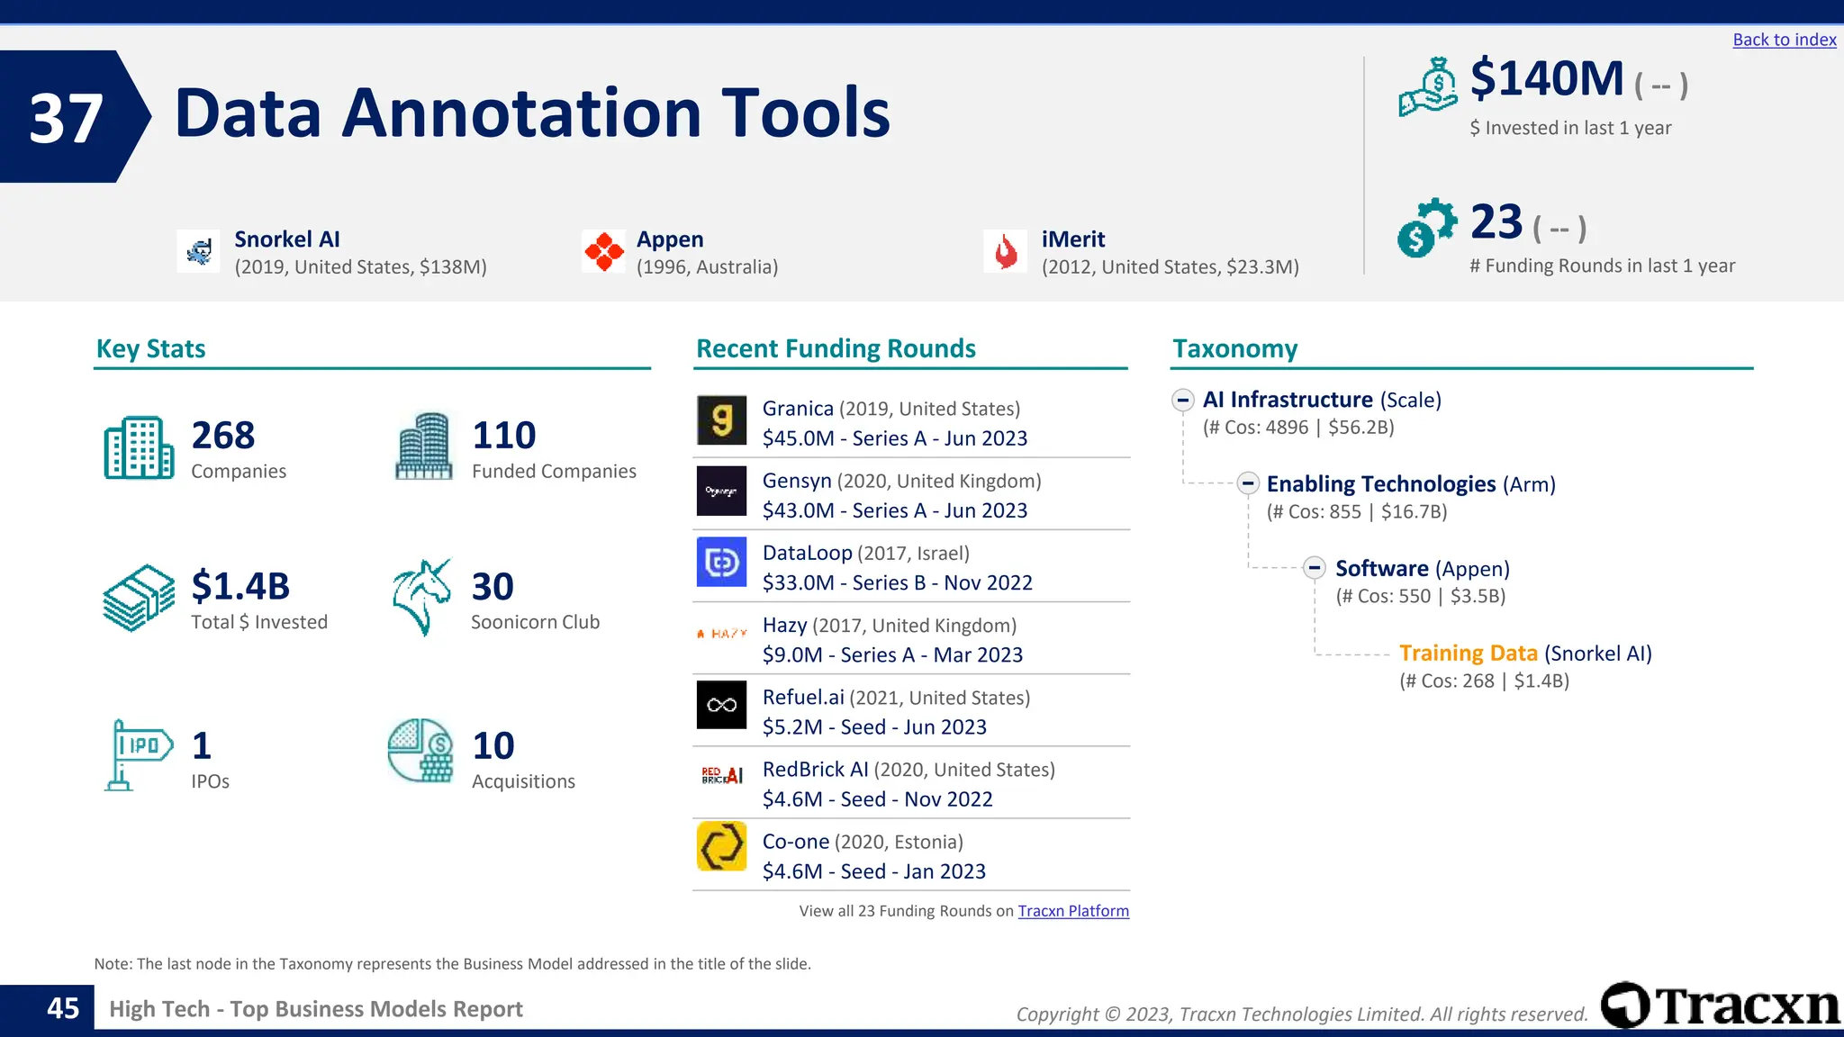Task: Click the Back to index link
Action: pos(1784,40)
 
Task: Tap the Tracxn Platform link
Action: pos(1072,911)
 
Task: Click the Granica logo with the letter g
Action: pos(721,420)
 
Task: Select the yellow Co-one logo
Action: pos(721,846)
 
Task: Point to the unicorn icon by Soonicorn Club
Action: pos(421,597)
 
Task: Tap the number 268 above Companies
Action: pos(223,436)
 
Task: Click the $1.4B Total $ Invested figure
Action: pos(240,586)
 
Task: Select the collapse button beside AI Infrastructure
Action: pos(1183,400)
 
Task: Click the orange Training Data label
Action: pos(1468,654)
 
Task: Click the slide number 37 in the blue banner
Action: pos(65,118)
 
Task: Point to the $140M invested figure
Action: pos(1546,79)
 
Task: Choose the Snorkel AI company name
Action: pos(287,239)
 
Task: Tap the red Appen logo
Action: pos(603,251)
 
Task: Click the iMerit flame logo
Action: pos(1005,251)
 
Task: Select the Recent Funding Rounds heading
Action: pos(836,348)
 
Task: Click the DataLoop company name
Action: pos(807,554)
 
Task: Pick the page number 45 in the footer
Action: pos(63,1008)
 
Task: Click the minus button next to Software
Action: pos(1315,568)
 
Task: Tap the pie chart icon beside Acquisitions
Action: pos(420,750)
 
